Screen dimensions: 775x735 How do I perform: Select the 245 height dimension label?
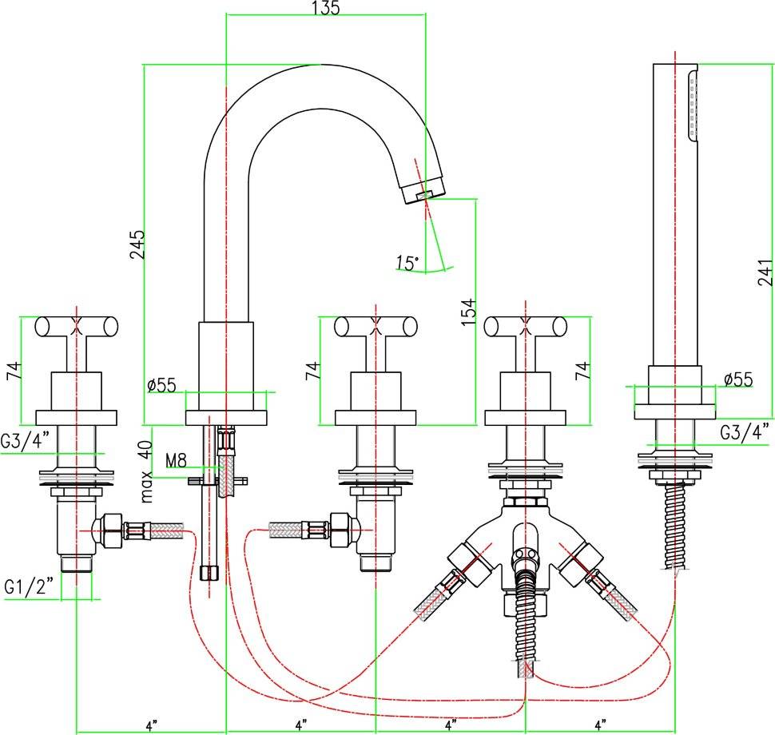click(137, 244)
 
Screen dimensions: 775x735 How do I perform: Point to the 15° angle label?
click(407, 263)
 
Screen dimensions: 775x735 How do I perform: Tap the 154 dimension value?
click(468, 312)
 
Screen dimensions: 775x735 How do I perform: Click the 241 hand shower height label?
click(765, 272)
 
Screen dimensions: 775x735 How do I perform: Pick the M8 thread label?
click(176, 461)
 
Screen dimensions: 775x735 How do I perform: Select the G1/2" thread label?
click(29, 586)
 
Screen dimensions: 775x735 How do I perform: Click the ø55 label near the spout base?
click(161, 384)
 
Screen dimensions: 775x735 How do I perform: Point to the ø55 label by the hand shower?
click(738, 379)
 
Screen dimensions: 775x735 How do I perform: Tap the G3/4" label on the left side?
click(26, 439)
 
